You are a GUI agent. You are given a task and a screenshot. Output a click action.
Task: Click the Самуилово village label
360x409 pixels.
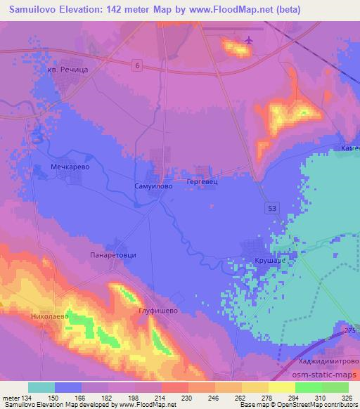[150, 188]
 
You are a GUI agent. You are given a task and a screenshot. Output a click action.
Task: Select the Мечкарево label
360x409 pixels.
[68, 168]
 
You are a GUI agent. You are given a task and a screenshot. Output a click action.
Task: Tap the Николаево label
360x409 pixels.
[49, 317]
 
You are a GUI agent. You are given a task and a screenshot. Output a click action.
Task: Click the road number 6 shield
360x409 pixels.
[138, 65]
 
